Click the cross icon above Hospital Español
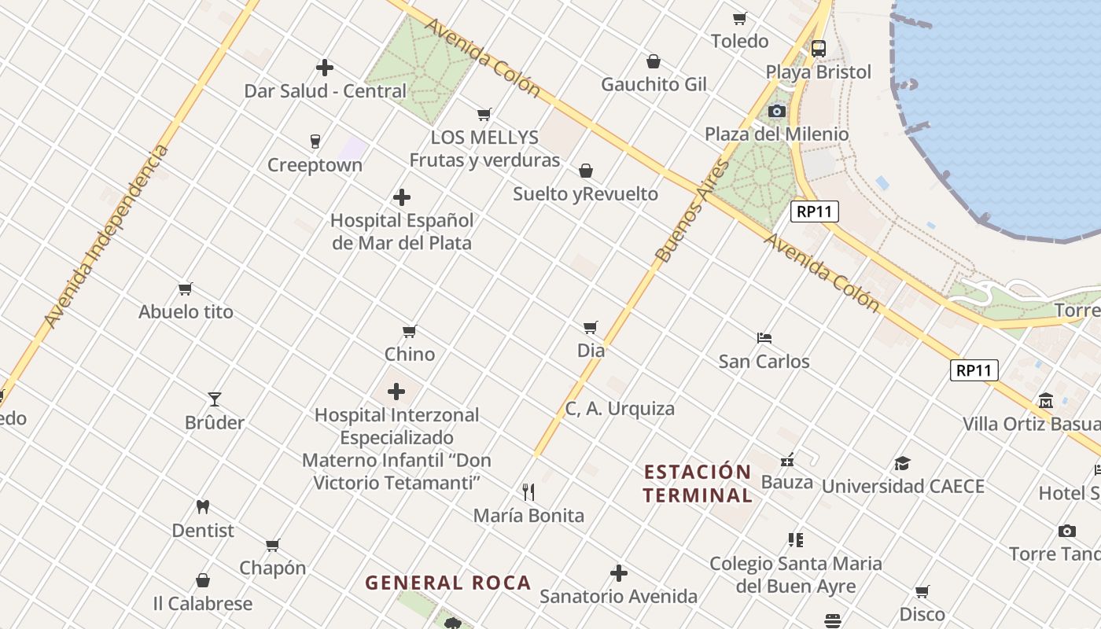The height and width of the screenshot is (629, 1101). (x=402, y=197)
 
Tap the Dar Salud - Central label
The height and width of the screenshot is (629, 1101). (x=325, y=91)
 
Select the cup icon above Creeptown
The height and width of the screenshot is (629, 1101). (x=315, y=142)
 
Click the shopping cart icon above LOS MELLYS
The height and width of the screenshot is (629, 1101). (x=484, y=115)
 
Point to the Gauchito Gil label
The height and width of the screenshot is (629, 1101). (x=654, y=84)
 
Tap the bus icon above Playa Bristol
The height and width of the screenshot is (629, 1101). (x=819, y=49)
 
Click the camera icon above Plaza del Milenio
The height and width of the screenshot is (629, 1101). (x=777, y=111)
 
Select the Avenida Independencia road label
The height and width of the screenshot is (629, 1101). (x=105, y=237)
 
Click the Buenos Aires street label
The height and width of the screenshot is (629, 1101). (x=681, y=211)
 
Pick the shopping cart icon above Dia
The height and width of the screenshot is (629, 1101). (x=591, y=327)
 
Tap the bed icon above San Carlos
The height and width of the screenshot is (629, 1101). (x=764, y=338)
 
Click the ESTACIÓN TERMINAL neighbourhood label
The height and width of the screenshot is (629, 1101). (x=698, y=484)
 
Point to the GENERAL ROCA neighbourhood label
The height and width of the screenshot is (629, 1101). (x=448, y=583)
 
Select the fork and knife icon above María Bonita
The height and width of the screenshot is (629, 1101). (x=528, y=492)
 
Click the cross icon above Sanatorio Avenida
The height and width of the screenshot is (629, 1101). (x=619, y=573)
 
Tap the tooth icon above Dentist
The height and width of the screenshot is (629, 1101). (x=203, y=507)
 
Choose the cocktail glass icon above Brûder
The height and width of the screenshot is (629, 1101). (x=214, y=399)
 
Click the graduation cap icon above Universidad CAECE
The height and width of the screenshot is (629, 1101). (x=902, y=463)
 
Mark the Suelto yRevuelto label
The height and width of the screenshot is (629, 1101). (x=586, y=194)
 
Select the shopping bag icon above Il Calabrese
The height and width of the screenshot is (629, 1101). (x=203, y=580)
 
